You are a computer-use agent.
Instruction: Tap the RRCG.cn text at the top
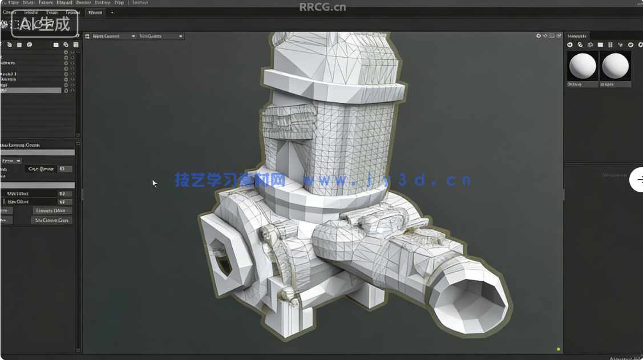(323, 7)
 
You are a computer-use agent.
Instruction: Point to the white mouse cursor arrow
(154, 183)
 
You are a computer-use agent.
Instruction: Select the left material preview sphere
(583, 66)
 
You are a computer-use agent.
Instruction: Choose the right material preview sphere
(615, 66)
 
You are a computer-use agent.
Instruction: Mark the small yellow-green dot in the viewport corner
(558, 349)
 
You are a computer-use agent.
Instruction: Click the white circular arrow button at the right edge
(637, 180)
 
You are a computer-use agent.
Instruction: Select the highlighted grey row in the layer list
(31, 90)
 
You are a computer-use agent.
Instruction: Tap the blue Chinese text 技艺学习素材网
(230, 180)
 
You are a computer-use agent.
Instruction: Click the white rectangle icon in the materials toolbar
(600, 45)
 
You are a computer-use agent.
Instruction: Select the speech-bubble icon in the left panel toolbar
(29, 45)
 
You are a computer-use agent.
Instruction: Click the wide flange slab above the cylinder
(337, 86)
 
